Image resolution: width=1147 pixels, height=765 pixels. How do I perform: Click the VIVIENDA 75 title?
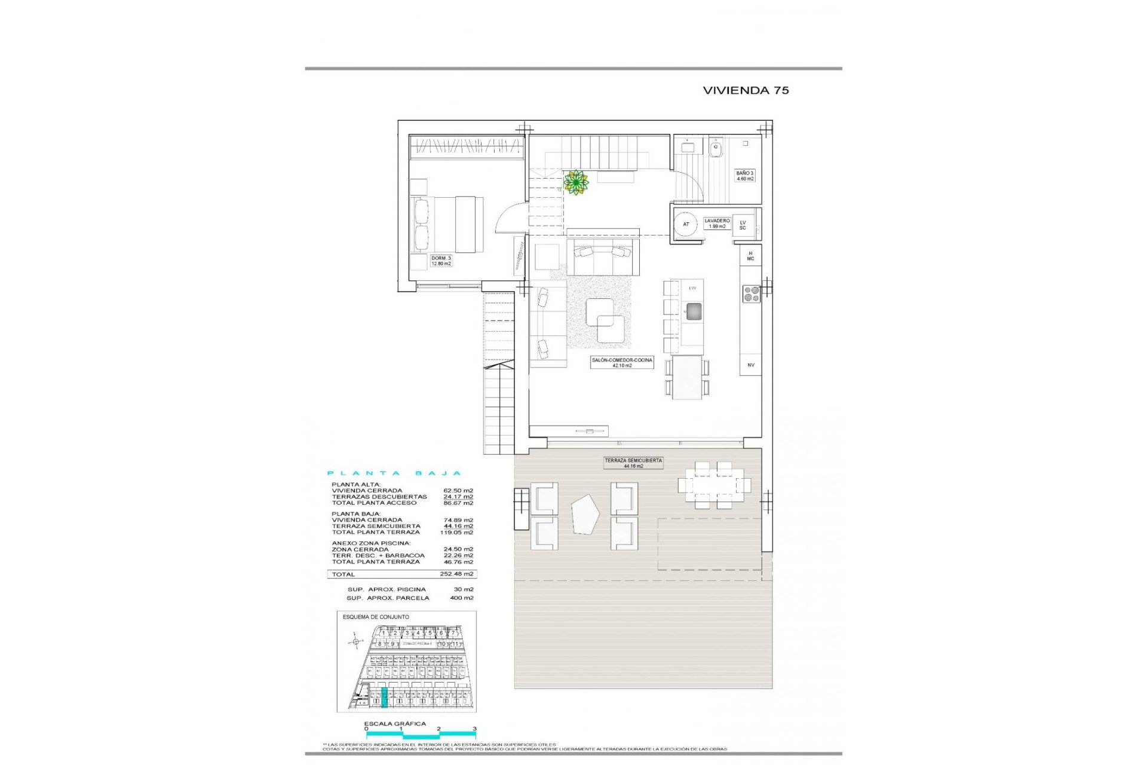[x=746, y=90]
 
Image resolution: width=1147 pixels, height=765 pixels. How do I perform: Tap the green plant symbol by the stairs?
[x=576, y=182]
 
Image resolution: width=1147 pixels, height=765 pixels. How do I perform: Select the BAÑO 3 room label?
[x=745, y=176]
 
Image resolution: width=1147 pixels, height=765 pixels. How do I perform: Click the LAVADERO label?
[x=717, y=224]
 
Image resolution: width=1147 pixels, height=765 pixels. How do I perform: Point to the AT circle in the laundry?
[x=686, y=224]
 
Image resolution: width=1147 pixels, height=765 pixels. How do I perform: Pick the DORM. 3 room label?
[x=441, y=261]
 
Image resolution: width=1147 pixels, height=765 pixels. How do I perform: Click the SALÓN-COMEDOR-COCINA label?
[x=622, y=363]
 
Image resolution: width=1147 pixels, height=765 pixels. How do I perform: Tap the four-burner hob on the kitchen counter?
[x=751, y=293]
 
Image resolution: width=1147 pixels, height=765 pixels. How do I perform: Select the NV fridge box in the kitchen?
[x=751, y=365]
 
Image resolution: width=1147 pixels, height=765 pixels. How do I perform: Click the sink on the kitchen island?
[x=693, y=311]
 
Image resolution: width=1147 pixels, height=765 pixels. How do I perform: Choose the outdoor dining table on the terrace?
[x=714, y=485]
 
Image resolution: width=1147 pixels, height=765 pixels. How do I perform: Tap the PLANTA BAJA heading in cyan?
[x=394, y=473]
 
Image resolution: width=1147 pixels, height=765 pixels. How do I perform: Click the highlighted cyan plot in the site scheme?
[x=384, y=698]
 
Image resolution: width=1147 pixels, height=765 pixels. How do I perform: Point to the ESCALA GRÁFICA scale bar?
[x=421, y=733]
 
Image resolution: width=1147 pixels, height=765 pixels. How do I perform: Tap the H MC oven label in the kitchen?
[x=750, y=256]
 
